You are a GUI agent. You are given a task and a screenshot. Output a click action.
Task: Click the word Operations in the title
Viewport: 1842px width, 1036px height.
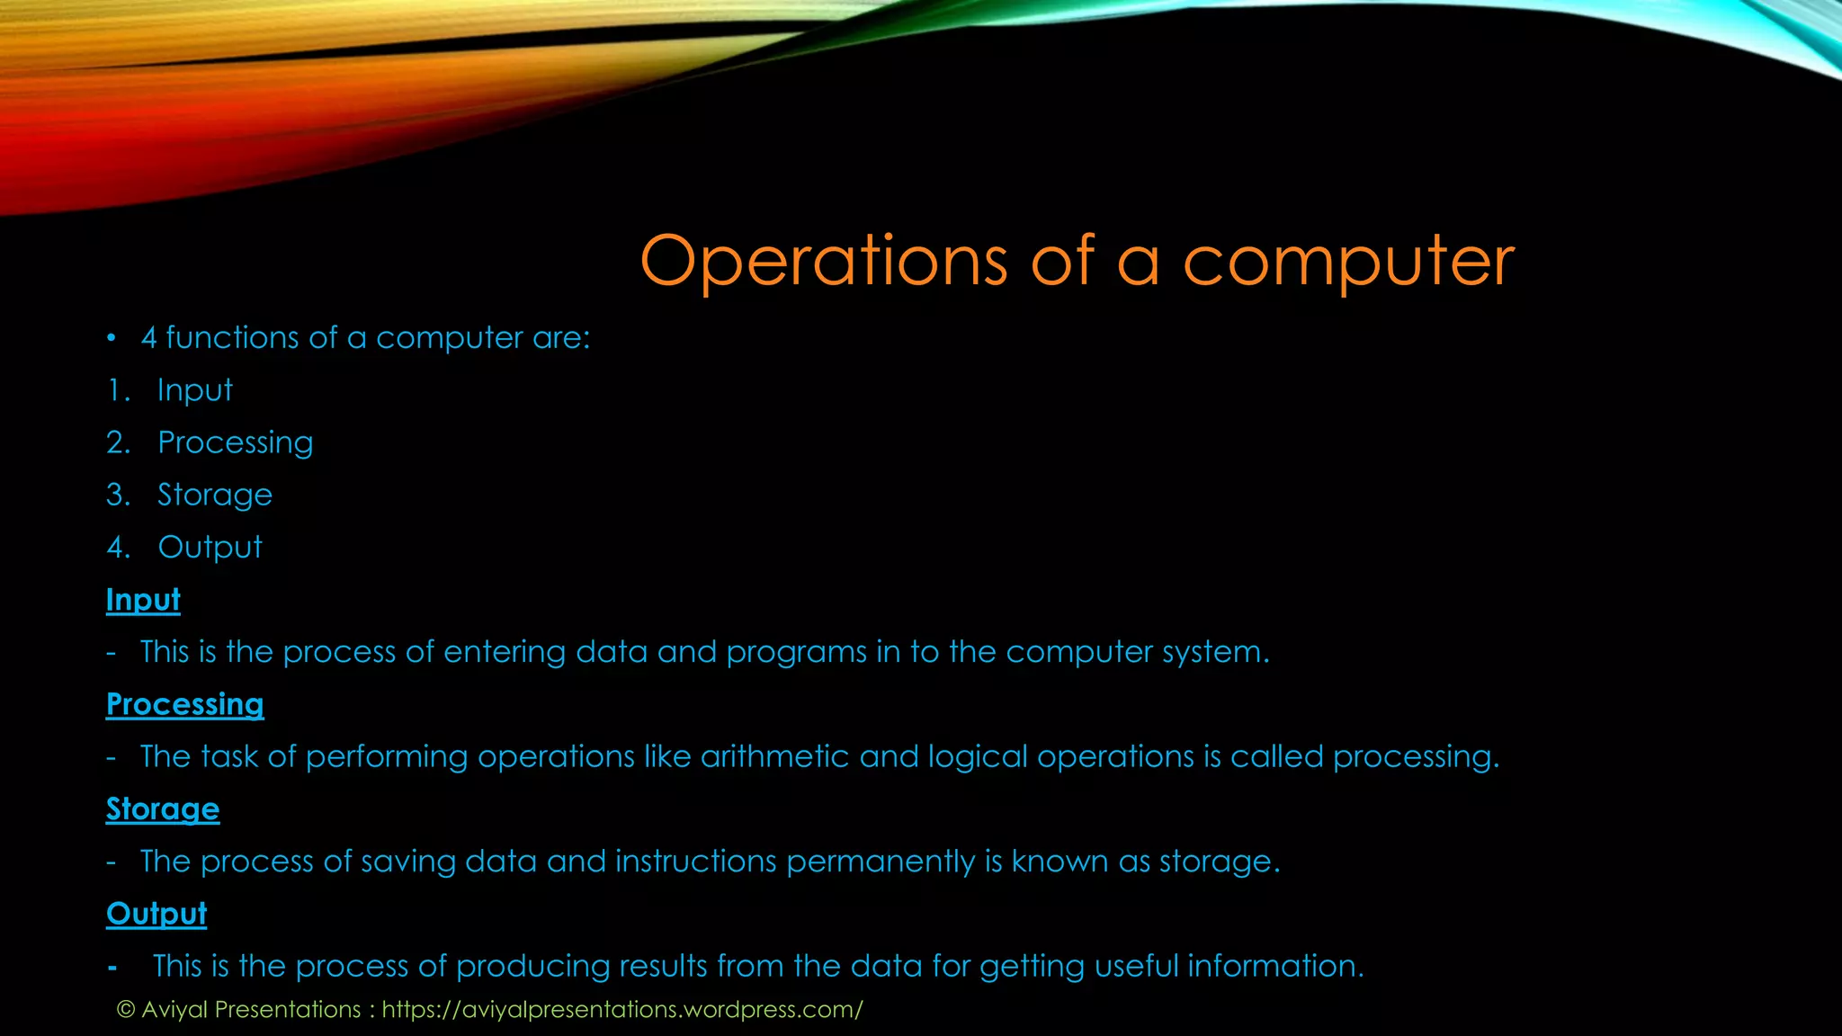pyautogui.click(x=822, y=261)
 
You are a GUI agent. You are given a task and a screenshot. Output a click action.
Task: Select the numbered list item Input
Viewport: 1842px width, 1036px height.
pyautogui.click(x=194, y=390)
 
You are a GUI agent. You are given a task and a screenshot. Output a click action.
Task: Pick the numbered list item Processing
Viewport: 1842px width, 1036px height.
pyautogui.click(x=235, y=442)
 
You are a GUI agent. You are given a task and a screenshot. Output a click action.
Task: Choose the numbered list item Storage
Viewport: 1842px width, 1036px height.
pyautogui.click(x=214, y=495)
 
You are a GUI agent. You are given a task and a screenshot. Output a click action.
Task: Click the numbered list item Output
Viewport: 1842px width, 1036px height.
pyautogui.click(x=210, y=547)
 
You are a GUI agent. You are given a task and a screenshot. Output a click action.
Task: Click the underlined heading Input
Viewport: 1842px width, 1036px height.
pyautogui.click(x=143, y=600)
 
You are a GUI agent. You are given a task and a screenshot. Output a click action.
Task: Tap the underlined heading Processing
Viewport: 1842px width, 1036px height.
pyautogui.click(x=184, y=704)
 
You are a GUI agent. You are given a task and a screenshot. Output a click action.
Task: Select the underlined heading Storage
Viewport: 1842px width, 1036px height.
pyautogui.click(x=163, y=809)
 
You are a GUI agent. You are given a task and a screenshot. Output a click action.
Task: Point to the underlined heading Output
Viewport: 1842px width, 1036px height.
pyautogui.click(x=156, y=914)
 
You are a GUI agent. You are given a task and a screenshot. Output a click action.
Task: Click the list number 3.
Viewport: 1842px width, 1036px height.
pyautogui.click(x=117, y=495)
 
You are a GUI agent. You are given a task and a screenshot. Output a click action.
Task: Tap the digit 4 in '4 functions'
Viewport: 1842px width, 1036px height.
pyautogui.click(x=148, y=338)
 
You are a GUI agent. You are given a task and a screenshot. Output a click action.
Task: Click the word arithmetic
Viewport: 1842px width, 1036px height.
pyautogui.click(x=774, y=756)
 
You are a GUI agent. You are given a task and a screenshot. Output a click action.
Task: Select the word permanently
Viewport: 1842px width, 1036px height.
pyautogui.click(x=880, y=862)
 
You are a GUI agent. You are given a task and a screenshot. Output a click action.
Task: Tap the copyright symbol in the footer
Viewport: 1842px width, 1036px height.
pyautogui.click(x=126, y=1010)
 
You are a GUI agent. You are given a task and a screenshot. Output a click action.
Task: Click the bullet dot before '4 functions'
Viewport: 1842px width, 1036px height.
pyautogui.click(x=111, y=339)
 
